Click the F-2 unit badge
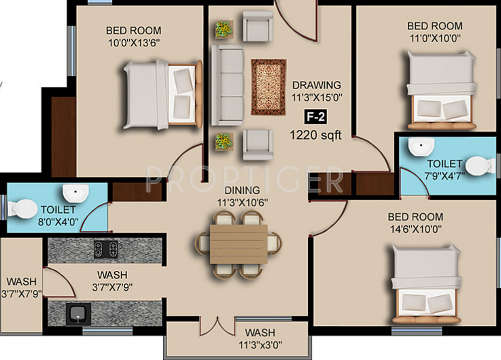pyautogui.click(x=316, y=117)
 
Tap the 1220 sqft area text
pyautogui.click(x=316, y=135)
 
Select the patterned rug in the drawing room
pyautogui.click(x=269, y=87)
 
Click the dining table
pyautogui.click(x=238, y=244)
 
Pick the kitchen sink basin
pyautogui.click(x=78, y=314)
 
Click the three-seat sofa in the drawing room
pyautogui.click(x=227, y=85)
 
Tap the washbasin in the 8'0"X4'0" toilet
pyautogui.click(x=76, y=193)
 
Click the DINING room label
pyautogui.click(x=242, y=190)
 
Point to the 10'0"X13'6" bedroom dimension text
pyautogui.click(x=134, y=43)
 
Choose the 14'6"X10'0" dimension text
pyautogui.click(x=416, y=229)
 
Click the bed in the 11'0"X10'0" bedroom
pyautogui.click(x=441, y=90)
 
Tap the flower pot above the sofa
pyautogui.click(x=223, y=30)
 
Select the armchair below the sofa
pyautogui.click(x=258, y=144)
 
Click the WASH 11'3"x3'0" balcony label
pyautogui.click(x=261, y=338)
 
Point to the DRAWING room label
pyautogui.click(x=317, y=85)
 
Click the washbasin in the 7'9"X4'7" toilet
pyautogui.click(x=421, y=147)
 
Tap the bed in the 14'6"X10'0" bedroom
pyautogui.click(x=426, y=284)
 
